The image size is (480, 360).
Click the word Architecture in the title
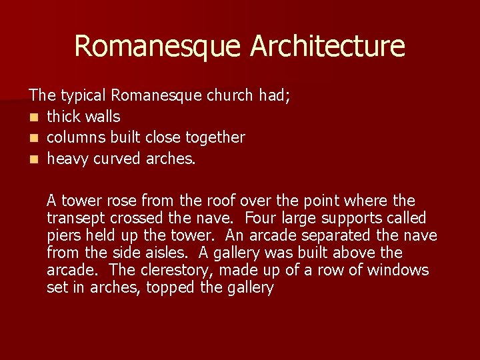click(x=328, y=47)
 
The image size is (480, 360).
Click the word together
click(x=215, y=138)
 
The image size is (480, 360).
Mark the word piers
click(x=63, y=236)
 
